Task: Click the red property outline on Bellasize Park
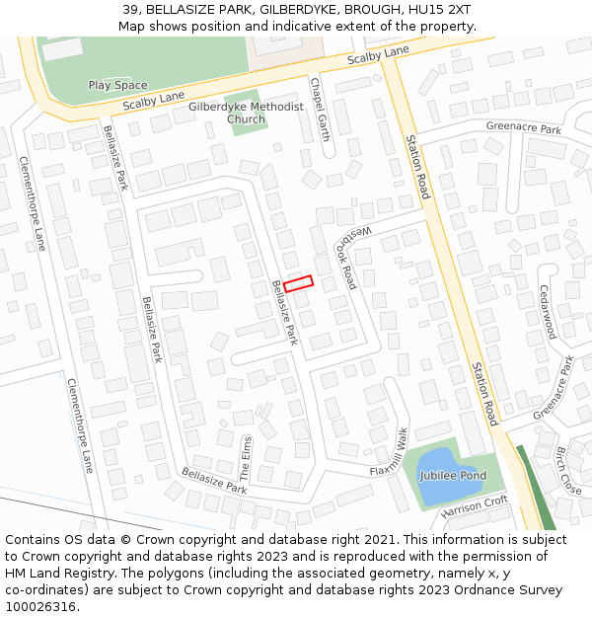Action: tap(298, 282)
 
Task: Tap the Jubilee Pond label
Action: tap(453, 476)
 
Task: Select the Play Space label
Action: tap(117, 86)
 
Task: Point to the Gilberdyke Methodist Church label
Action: tap(246, 113)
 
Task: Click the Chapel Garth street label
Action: tap(321, 110)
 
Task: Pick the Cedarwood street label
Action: tap(547, 312)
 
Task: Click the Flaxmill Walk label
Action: tap(389, 453)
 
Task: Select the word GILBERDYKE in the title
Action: tap(296, 10)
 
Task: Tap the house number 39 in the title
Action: tap(130, 10)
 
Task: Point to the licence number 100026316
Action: tap(41, 607)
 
